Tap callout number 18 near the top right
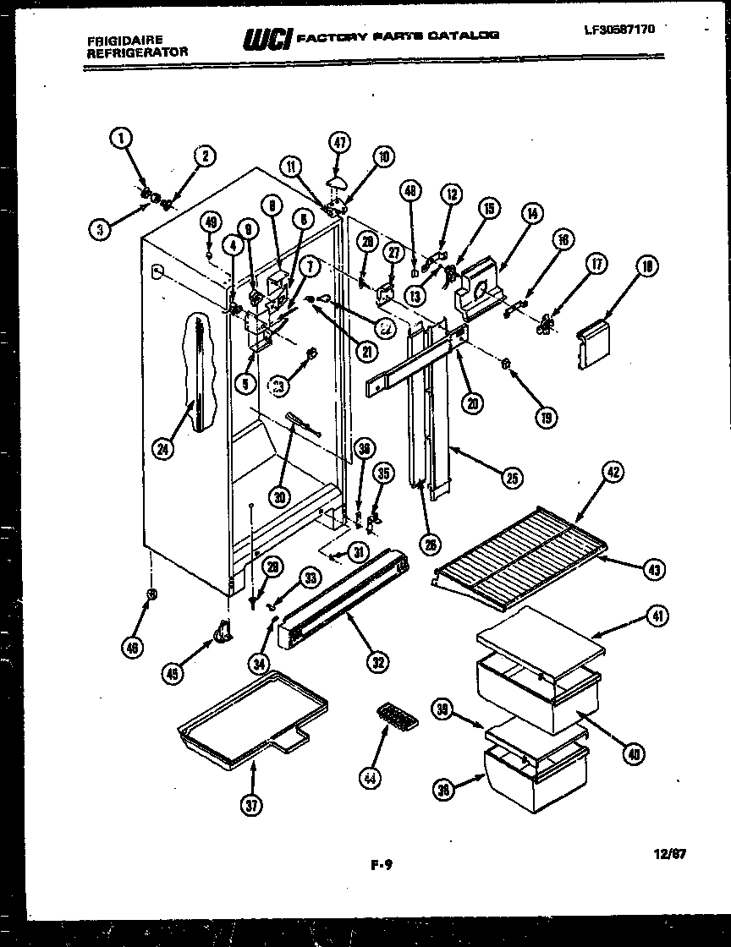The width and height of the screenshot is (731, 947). click(649, 267)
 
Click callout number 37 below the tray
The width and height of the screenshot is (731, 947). click(251, 806)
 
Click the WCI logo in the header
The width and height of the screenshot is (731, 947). click(267, 39)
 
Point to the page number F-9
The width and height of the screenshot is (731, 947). click(382, 865)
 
